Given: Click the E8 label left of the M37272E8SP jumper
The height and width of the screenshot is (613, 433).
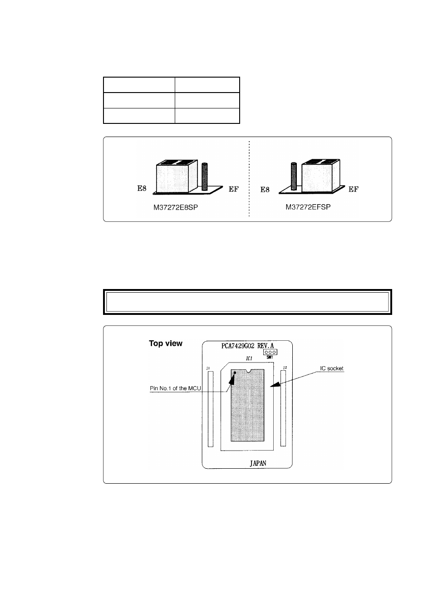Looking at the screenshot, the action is pos(142,188).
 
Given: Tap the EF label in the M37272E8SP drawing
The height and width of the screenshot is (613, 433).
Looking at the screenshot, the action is pos(233,189).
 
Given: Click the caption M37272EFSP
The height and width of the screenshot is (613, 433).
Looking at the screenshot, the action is pos(308,207).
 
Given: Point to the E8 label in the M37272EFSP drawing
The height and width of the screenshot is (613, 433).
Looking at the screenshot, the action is pos(265,189).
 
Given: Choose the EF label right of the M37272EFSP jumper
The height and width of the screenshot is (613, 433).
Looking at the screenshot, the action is pos(353,189).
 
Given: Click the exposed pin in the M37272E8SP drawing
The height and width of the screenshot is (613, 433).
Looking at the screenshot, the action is pos(204,177).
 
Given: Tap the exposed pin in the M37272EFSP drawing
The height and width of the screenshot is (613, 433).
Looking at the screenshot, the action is pos(293,177).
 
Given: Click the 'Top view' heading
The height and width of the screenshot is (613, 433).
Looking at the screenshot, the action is pos(166,343).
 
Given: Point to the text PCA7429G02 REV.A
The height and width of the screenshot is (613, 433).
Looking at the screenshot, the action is pos(247,345).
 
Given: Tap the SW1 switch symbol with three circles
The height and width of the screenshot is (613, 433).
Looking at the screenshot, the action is pos(270,352).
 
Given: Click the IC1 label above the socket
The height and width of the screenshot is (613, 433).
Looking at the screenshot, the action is pos(249,358).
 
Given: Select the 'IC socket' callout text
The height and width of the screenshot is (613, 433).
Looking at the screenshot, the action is pos(332,368).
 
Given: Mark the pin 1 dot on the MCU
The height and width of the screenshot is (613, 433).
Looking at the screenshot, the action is pos(235,373).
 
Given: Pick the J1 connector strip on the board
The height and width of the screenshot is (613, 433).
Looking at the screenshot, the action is pos(210,408).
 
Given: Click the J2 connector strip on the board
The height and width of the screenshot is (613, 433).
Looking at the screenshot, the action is pos(283,408).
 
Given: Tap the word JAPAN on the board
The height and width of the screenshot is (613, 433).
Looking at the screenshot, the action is pos(258,463).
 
